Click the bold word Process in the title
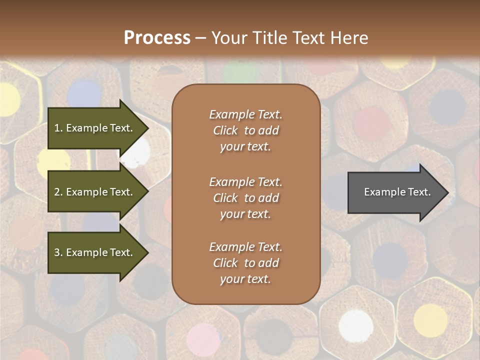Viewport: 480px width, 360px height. click(157, 38)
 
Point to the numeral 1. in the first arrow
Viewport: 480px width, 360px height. click(58, 128)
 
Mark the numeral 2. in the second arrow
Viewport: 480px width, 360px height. click(58, 192)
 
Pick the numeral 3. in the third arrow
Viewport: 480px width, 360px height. click(58, 252)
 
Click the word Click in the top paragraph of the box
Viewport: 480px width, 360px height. click(225, 130)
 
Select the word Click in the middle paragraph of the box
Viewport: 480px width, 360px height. click(225, 198)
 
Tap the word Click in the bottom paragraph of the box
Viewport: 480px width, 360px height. click(225, 263)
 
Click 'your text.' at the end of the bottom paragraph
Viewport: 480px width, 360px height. click(245, 279)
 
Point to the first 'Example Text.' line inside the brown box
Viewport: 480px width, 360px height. click(245, 114)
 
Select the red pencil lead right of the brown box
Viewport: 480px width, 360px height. click(372, 123)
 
